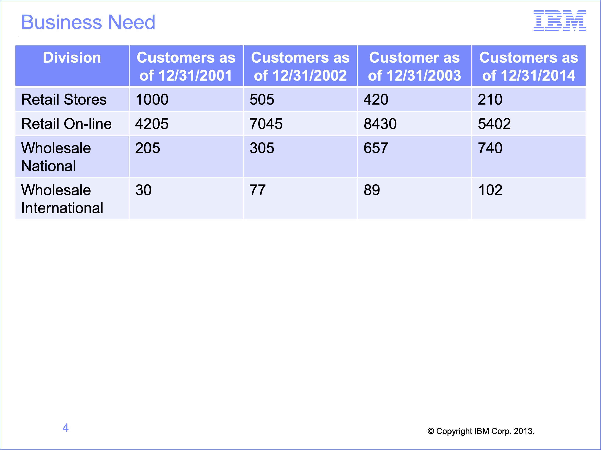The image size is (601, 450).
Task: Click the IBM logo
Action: click(x=560, y=20)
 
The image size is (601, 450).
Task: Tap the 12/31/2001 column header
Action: click(x=186, y=66)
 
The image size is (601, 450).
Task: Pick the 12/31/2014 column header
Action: click(x=528, y=66)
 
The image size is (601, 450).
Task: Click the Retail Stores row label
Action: click(x=64, y=100)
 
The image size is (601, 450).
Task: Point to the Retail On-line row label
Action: click(x=66, y=124)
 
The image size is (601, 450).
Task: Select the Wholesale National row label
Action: click(x=56, y=157)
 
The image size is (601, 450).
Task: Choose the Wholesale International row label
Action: click(x=62, y=199)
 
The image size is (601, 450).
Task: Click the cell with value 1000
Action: click(x=152, y=100)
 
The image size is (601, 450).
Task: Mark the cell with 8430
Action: click(x=380, y=124)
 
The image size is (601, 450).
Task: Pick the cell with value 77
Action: click(x=257, y=190)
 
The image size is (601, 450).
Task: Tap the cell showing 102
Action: click(x=490, y=190)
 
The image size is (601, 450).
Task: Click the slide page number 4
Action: click(x=66, y=428)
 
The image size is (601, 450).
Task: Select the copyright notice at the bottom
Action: click(x=481, y=431)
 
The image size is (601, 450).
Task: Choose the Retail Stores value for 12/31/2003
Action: click(x=376, y=100)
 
